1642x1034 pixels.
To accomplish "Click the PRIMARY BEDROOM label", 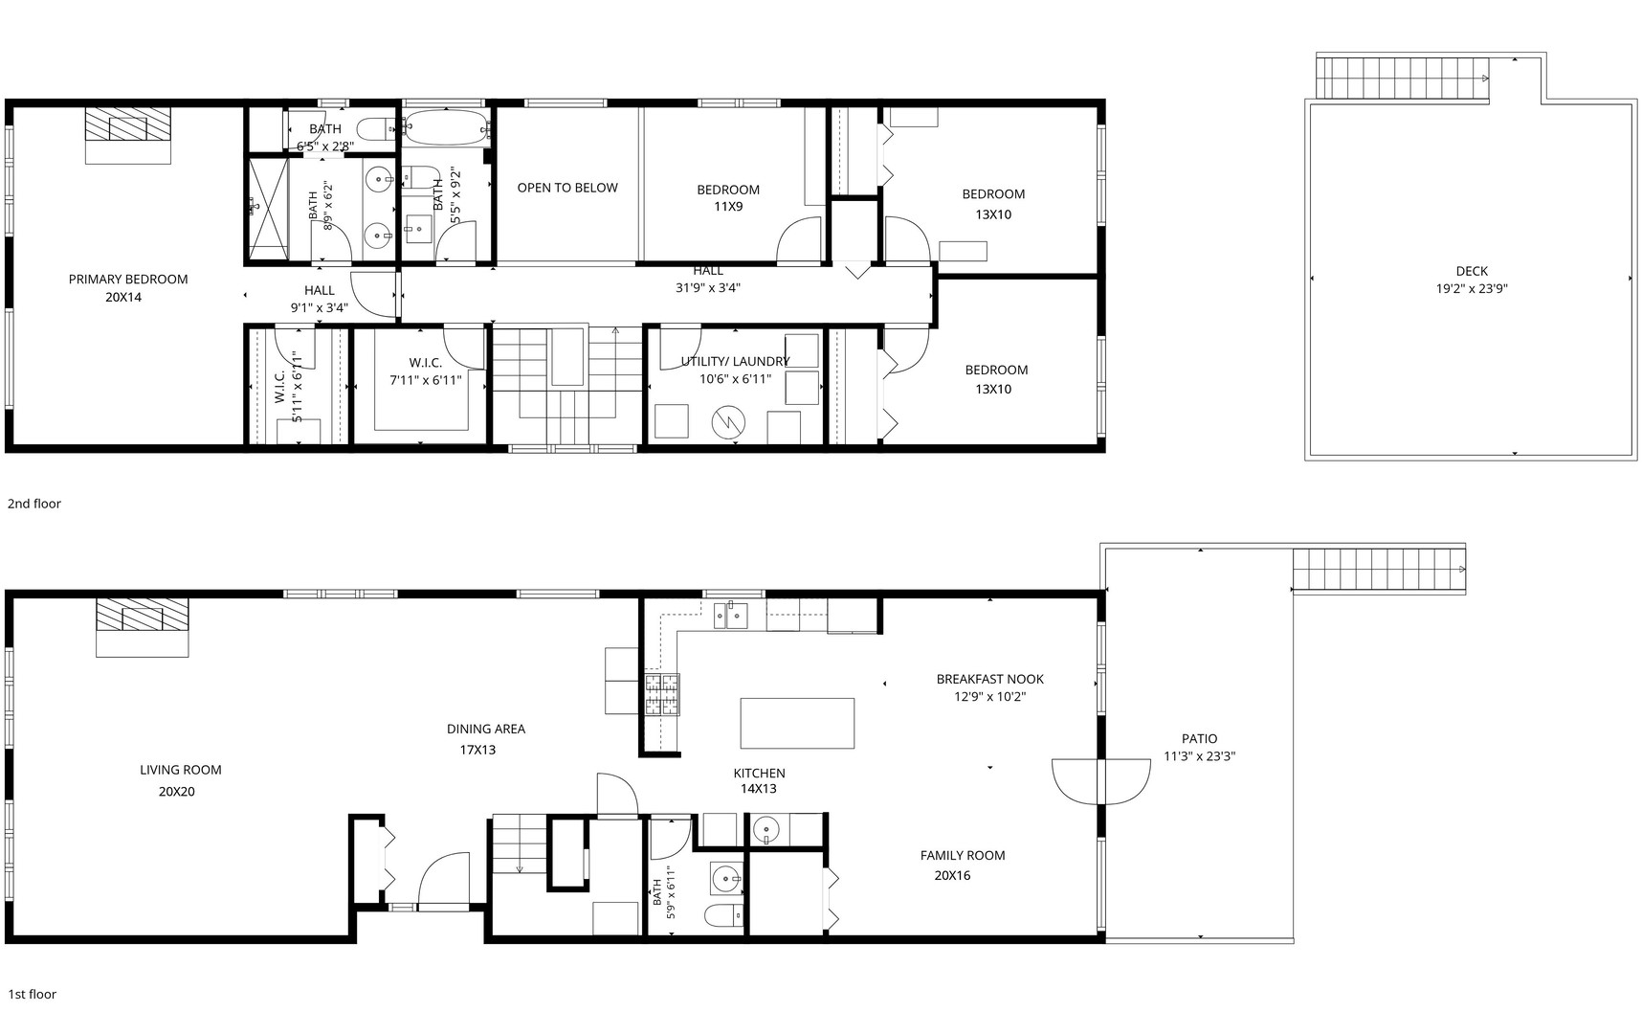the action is point(128,280).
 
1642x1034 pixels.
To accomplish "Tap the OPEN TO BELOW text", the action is point(567,188).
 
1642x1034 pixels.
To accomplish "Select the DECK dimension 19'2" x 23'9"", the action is point(1472,288).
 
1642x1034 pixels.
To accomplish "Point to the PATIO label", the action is point(1199,738).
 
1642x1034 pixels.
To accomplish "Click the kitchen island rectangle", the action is point(797,723).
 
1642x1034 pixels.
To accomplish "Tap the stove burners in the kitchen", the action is point(661,695).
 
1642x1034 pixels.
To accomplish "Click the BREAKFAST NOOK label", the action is point(990,679).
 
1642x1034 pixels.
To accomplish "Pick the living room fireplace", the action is point(143,627).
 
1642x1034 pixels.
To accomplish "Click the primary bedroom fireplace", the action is point(128,135).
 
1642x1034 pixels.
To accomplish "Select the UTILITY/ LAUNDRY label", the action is point(735,361).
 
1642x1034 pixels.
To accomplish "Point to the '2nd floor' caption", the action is point(34,504).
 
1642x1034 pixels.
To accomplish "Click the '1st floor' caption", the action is point(33,994).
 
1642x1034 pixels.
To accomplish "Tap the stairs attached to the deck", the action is point(1403,78).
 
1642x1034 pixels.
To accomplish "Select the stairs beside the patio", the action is point(1380,570).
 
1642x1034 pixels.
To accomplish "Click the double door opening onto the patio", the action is point(1101,781).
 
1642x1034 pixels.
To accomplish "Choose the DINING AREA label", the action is point(486,729).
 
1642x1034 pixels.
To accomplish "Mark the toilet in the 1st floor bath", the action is point(724,915).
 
